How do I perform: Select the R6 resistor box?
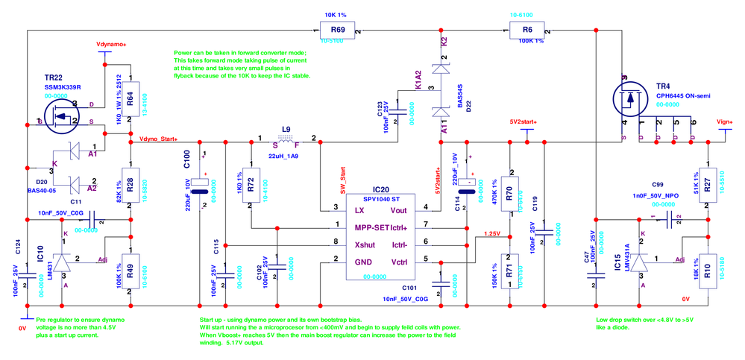tap(527, 31)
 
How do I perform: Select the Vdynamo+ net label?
tap(111, 45)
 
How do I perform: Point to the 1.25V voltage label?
tap(491, 233)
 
